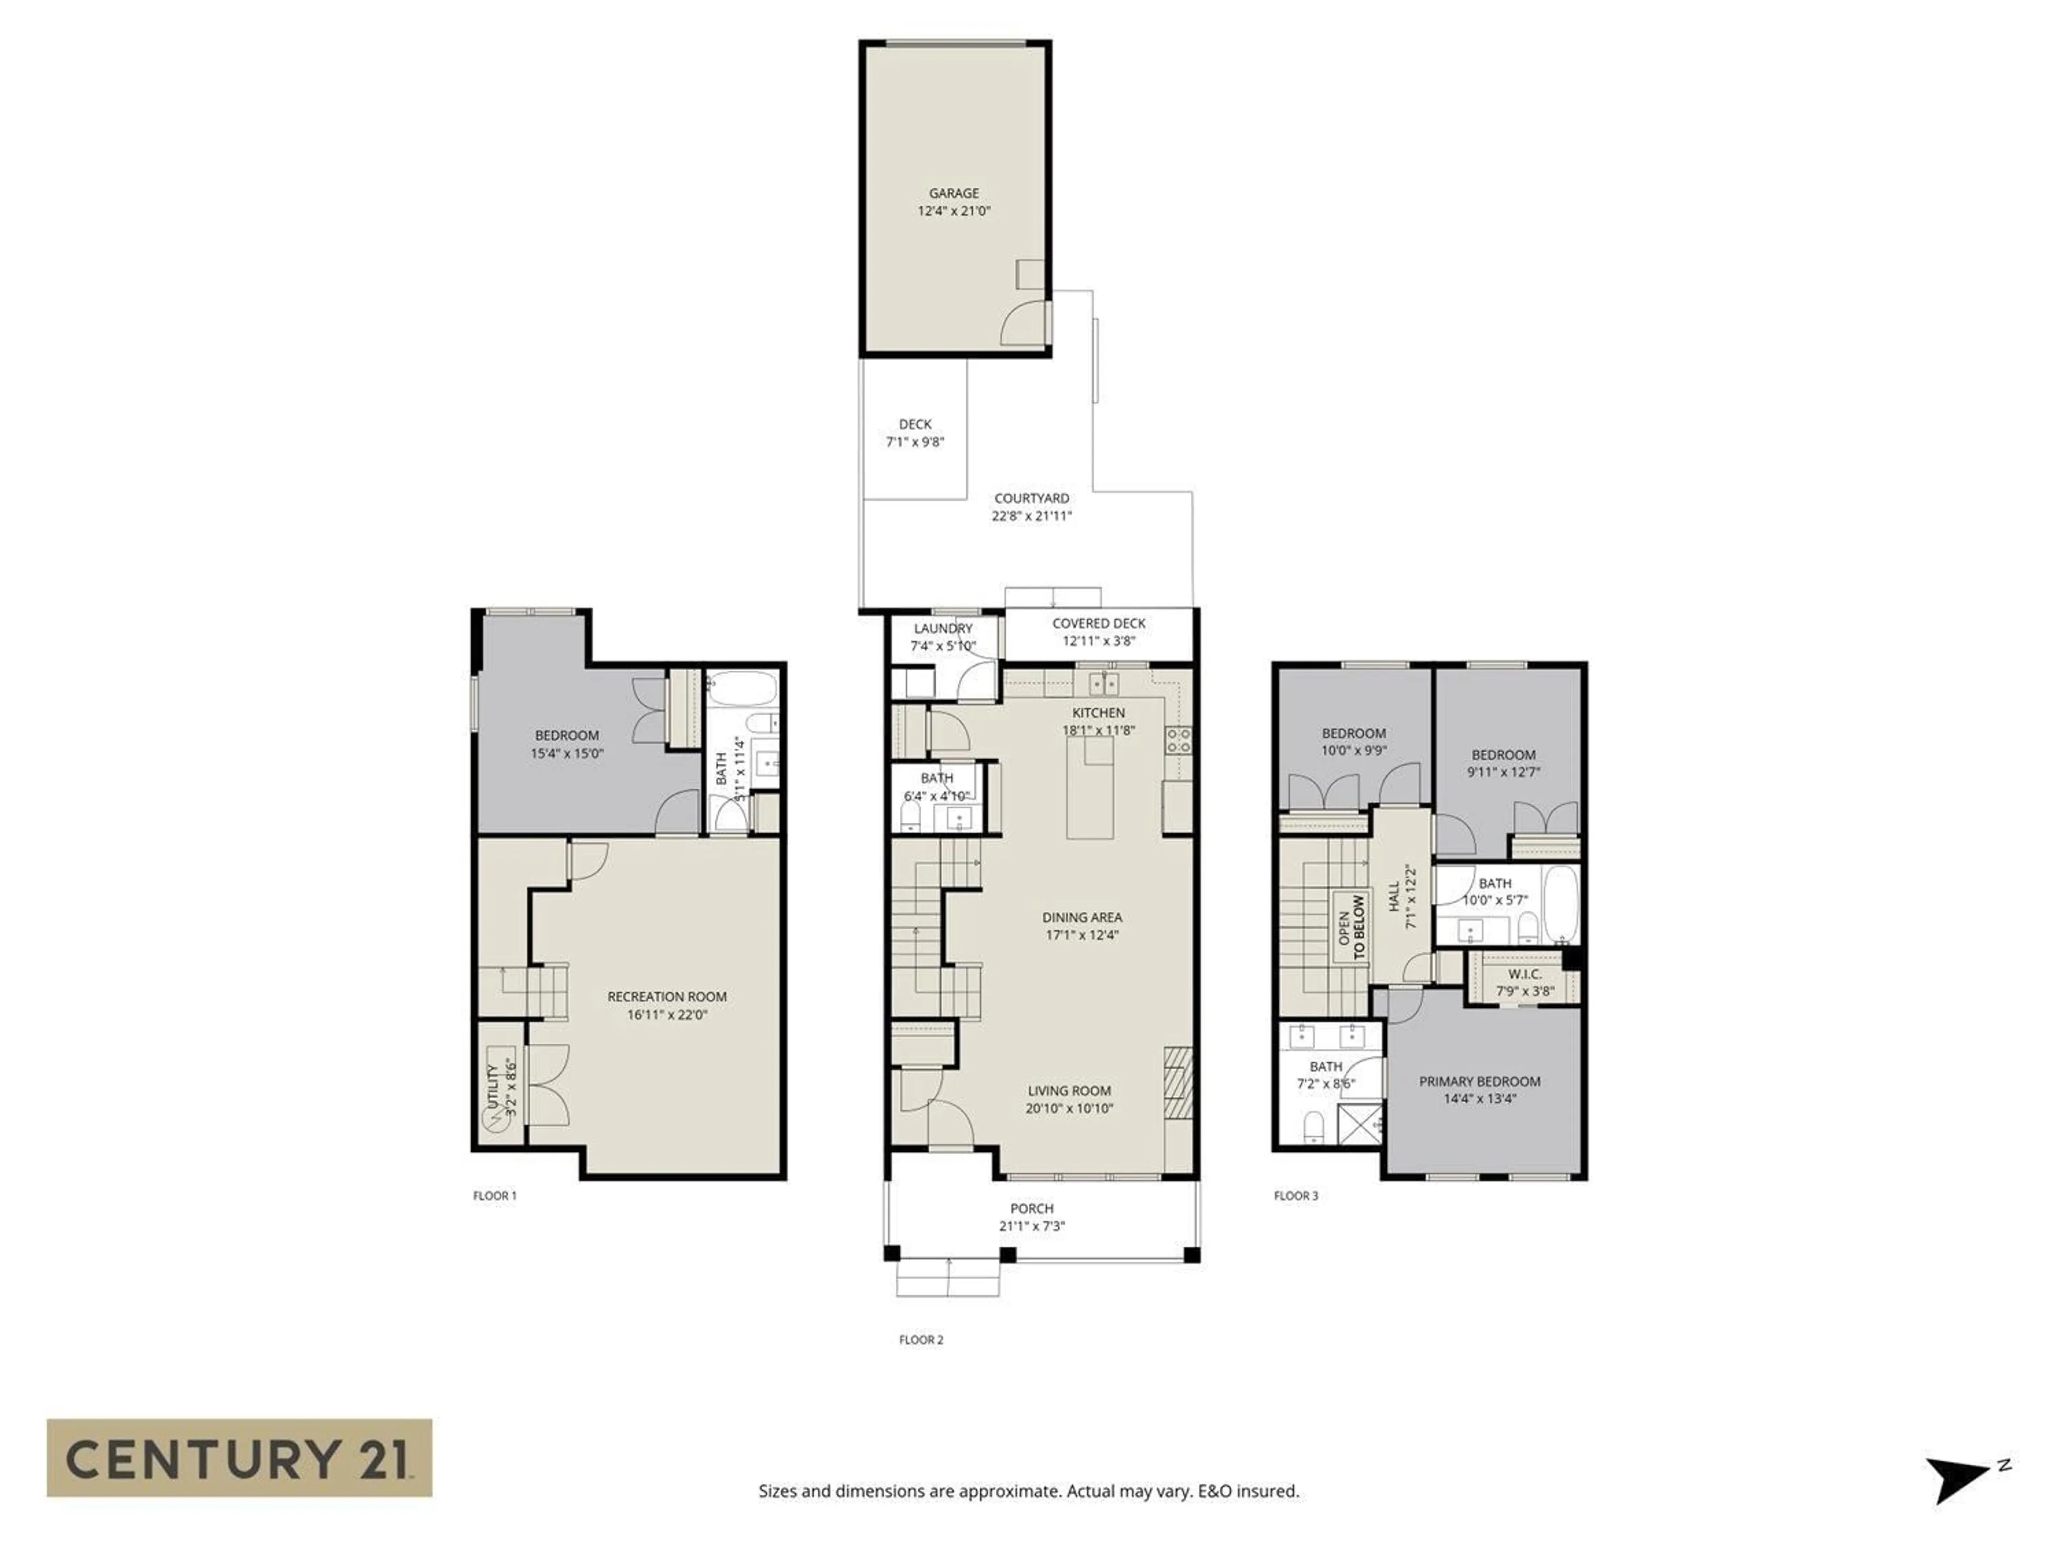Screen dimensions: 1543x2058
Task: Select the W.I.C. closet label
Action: tap(1524, 974)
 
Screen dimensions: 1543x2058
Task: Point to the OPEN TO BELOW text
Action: tap(1351, 927)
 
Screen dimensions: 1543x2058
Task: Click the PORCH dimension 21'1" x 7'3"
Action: tap(1032, 1226)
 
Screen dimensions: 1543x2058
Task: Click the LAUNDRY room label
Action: tap(943, 629)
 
